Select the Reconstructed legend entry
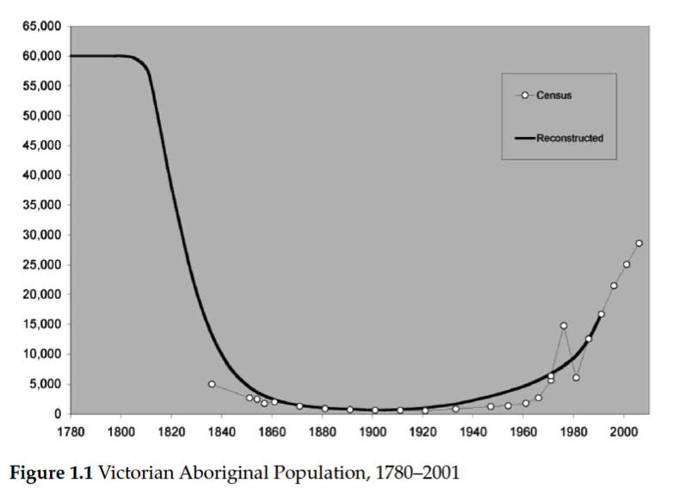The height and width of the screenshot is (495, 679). coord(569,138)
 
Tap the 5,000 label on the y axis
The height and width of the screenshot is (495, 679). coord(45,384)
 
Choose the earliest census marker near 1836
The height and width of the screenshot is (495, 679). coord(212,384)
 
